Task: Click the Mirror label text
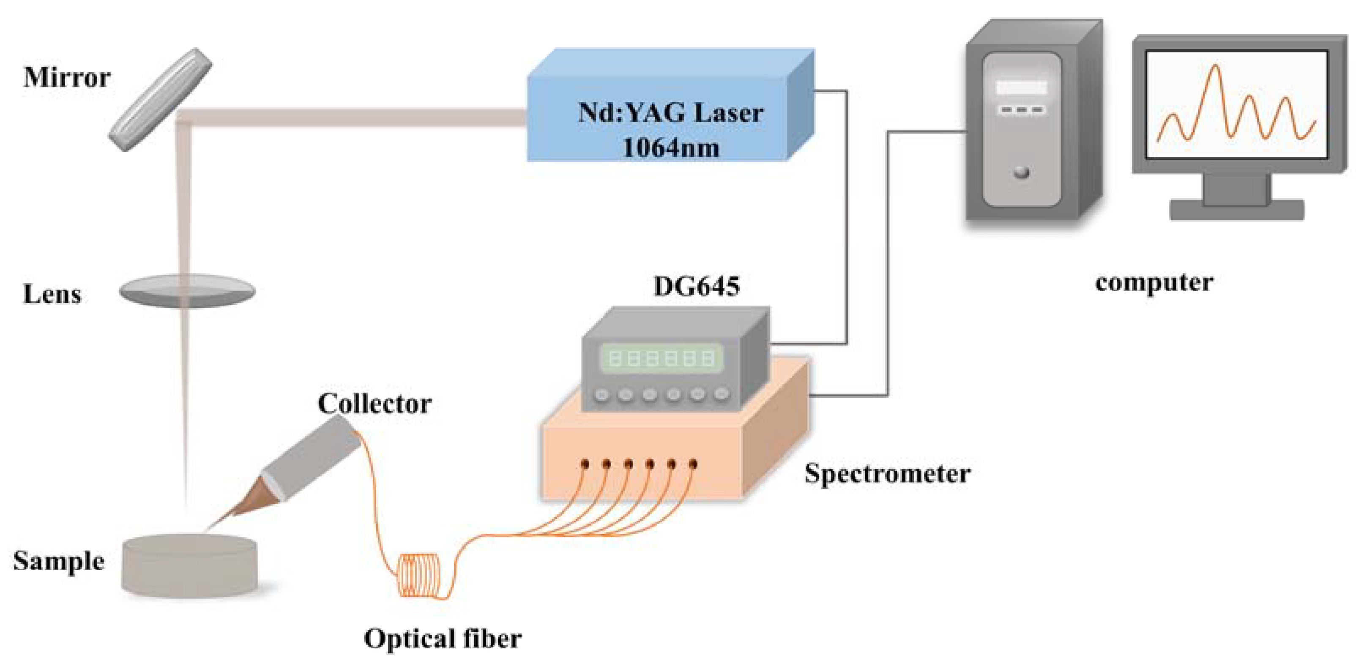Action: tap(67, 78)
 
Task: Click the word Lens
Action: tap(52, 294)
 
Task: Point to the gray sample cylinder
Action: tap(189, 566)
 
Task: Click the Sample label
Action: tap(58, 562)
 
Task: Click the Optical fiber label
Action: tap(442, 639)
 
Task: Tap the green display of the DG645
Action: tap(661, 359)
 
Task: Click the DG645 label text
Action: tap(696, 287)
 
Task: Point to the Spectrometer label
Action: tap(887, 473)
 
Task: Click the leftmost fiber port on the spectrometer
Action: tap(585, 464)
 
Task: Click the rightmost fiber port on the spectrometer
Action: tap(693, 464)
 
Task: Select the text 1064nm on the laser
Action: tap(670, 147)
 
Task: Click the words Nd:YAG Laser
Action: tap(670, 113)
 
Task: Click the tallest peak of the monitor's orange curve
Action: tap(1216, 67)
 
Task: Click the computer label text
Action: tap(1154, 283)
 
